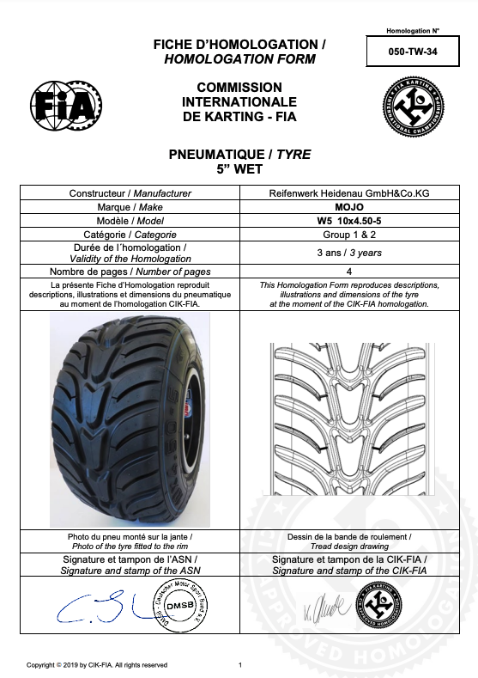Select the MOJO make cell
click(349, 207)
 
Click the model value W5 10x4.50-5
click(349, 221)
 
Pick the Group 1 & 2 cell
click(349, 235)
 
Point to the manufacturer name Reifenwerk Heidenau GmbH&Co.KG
click(349, 193)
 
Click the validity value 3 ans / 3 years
click(349, 253)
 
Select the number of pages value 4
click(349, 272)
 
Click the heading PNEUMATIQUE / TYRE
click(239, 155)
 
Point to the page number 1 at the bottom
click(240, 664)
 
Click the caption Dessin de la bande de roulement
click(348, 536)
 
